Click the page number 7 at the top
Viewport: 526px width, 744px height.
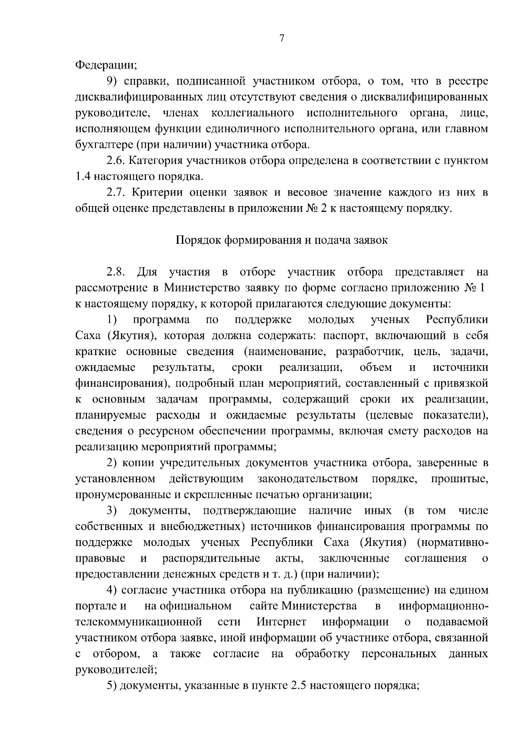point(282,39)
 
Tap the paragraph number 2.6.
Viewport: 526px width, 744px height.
point(115,161)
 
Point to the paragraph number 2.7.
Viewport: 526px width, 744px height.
point(115,192)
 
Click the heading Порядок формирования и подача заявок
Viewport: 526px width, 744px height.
point(281,240)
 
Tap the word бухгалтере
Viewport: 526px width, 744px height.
point(103,145)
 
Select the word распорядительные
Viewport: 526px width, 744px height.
point(211,558)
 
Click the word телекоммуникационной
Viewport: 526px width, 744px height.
point(139,622)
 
